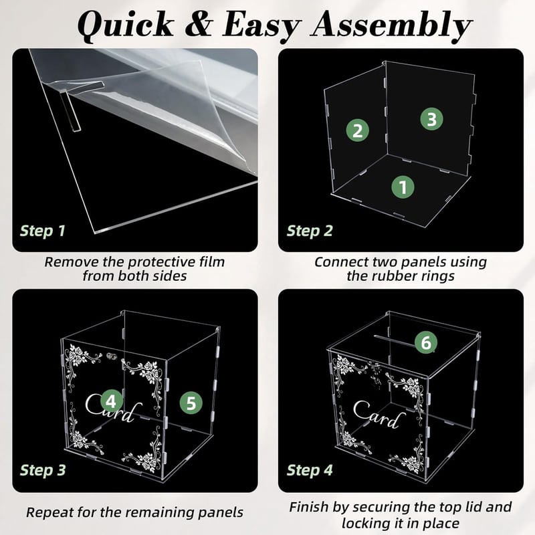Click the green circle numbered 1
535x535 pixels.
click(403, 187)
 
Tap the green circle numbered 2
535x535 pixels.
click(358, 130)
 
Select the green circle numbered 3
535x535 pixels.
click(431, 119)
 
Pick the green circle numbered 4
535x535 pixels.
click(112, 401)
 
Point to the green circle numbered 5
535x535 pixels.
click(191, 403)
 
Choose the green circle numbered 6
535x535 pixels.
click(426, 342)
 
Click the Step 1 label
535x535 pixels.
click(43, 231)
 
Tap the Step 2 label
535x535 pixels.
click(310, 231)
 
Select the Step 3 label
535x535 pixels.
click(43, 470)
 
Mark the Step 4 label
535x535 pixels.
click(310, 470)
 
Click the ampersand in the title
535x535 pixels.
click(198, 24)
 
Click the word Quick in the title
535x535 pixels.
click(126, 25)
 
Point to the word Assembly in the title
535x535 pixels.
click(391, 25)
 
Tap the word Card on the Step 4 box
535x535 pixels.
click(379, 415)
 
